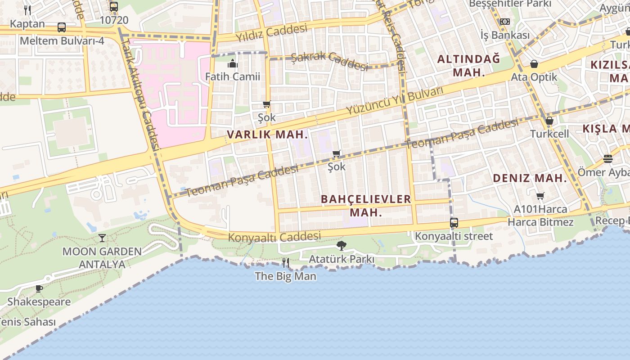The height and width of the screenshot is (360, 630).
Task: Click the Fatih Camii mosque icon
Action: coord(232,63)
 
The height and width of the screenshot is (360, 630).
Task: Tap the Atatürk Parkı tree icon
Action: coord(342,246)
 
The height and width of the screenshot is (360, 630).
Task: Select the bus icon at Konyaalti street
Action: coord(454,223)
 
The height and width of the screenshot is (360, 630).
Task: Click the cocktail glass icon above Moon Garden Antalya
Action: coord(102,238)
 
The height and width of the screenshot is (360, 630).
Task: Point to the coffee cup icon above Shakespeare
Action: coord(39,288)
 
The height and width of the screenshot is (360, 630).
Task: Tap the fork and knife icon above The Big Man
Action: coord(285,262)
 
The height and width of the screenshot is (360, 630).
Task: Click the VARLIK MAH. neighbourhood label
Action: coord(267,134)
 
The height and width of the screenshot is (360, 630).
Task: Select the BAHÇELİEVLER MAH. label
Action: coord(365,205)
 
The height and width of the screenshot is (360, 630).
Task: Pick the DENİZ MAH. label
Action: coord(530,178)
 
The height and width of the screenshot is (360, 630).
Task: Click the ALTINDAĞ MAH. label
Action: coord(468,65)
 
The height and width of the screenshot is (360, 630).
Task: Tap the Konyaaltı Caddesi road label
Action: coord(274,237)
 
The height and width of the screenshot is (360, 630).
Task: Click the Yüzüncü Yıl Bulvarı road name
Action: coord(395,100)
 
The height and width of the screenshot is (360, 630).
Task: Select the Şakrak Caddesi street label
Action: coord(329,60)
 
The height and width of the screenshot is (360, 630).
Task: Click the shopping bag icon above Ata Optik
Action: coord(534,64)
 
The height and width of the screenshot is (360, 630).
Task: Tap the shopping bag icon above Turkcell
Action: coord(549,121)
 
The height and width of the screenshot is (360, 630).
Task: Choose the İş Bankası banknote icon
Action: coord(504,22)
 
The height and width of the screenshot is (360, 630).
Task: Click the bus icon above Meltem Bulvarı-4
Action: coord(62,27)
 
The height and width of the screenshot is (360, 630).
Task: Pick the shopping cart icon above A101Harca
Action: coord(540,196)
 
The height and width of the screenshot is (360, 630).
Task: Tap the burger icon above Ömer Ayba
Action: coord(607,159)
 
